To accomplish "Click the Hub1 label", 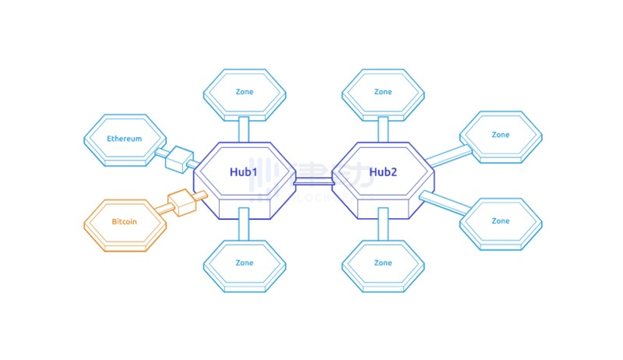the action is pos(243,171).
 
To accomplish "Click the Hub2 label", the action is pos(383,171).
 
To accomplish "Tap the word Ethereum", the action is pos(125,139).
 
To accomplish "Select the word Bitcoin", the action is pos(125,221).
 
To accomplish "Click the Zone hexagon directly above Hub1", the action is pos(244,92).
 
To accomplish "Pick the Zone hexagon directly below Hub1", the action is pos(244,263).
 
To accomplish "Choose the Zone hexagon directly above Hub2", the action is pos(383,92).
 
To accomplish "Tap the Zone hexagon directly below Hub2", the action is pos(383,263).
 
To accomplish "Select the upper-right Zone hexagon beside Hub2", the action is pos(501,135).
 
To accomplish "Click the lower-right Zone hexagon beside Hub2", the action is pos(501,221).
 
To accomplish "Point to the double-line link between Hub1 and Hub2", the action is pos(313,181).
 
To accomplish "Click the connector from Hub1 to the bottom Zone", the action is pos(244,224).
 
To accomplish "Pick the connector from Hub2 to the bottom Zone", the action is pos(383,224).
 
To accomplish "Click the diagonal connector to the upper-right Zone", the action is pos(448,156).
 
